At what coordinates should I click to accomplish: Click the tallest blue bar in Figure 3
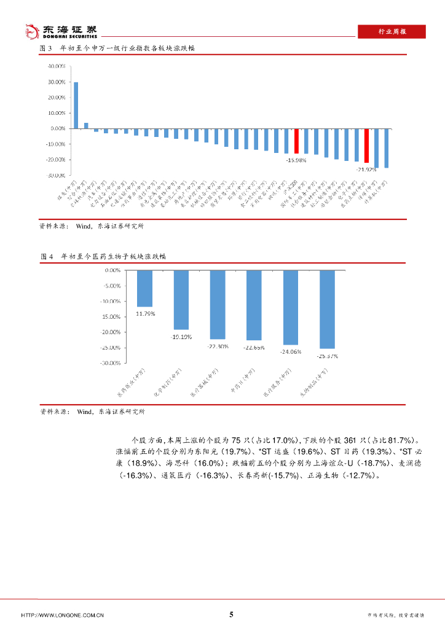(76, 105)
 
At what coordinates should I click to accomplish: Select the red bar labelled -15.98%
(296, 141)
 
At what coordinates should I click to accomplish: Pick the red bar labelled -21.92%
(366, 146)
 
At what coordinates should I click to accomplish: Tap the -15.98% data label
(296, 161)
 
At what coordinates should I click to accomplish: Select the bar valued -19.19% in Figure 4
(181, 300)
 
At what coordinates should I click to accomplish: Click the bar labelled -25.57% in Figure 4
(327, 309)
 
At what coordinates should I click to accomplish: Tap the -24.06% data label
(290, 352)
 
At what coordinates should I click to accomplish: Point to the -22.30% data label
(218, 346)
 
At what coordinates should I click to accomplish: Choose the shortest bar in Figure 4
(144, 288)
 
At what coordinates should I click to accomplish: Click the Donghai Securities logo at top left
(60, 31)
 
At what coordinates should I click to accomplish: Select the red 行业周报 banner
(391, 32)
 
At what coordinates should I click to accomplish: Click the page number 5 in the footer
(231, 614)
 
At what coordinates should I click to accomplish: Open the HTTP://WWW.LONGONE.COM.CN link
(62, 615)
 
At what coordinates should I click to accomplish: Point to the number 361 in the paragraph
(350, 440)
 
